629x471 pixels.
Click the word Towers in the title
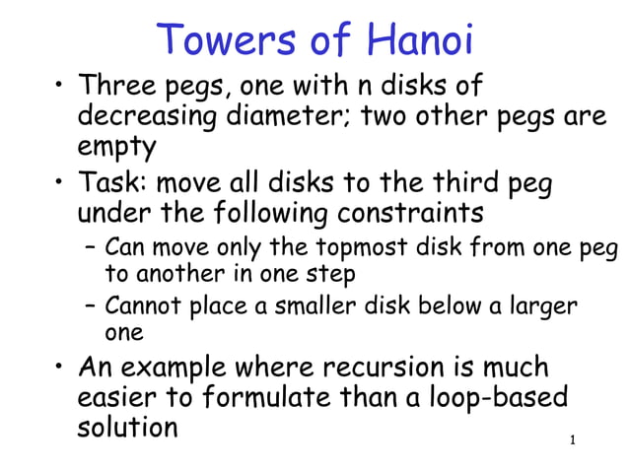(220, 40)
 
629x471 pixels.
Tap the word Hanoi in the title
(420, 40)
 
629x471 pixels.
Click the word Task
(111, 182)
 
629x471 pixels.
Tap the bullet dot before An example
(58, 368)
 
